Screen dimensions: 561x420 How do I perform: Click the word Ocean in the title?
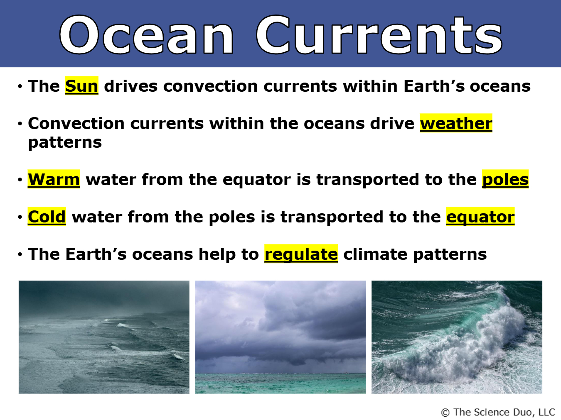[x=146, y=35]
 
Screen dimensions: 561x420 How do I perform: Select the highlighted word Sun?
[x=81, y=86]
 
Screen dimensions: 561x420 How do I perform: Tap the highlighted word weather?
[x=456, y=124]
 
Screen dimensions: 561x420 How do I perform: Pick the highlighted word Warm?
[x=54, y=179]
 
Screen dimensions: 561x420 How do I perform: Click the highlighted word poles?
[x=505, y=179]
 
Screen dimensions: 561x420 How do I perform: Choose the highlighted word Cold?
[x=47, y=217]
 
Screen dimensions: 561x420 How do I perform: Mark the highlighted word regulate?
[x=301, y=254]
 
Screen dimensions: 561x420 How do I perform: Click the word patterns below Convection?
[x=65, y=142]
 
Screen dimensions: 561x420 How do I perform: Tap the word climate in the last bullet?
[x=375, y=254]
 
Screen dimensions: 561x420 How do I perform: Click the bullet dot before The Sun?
[x=20, y=86]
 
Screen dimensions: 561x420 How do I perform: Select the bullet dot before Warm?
[x=20, y=180]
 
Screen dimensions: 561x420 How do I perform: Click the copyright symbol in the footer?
[x=445, y=413]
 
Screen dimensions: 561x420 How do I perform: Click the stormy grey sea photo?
[x=104, y=337]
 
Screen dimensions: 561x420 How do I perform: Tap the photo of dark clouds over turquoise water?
[x=280, y=337]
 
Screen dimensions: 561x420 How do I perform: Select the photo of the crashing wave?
[x=457, y=337]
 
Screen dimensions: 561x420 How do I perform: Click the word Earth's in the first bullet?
[x=434, y=86]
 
